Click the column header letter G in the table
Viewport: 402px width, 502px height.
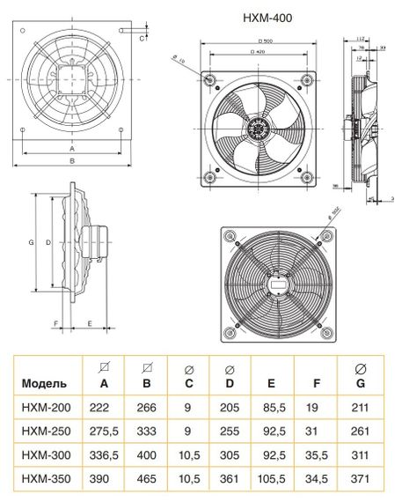(359, 384)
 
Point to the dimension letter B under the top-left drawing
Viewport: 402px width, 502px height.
(71, 161)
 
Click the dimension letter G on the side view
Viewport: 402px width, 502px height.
(31, 241)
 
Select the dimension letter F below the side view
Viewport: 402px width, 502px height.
(56, 324)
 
